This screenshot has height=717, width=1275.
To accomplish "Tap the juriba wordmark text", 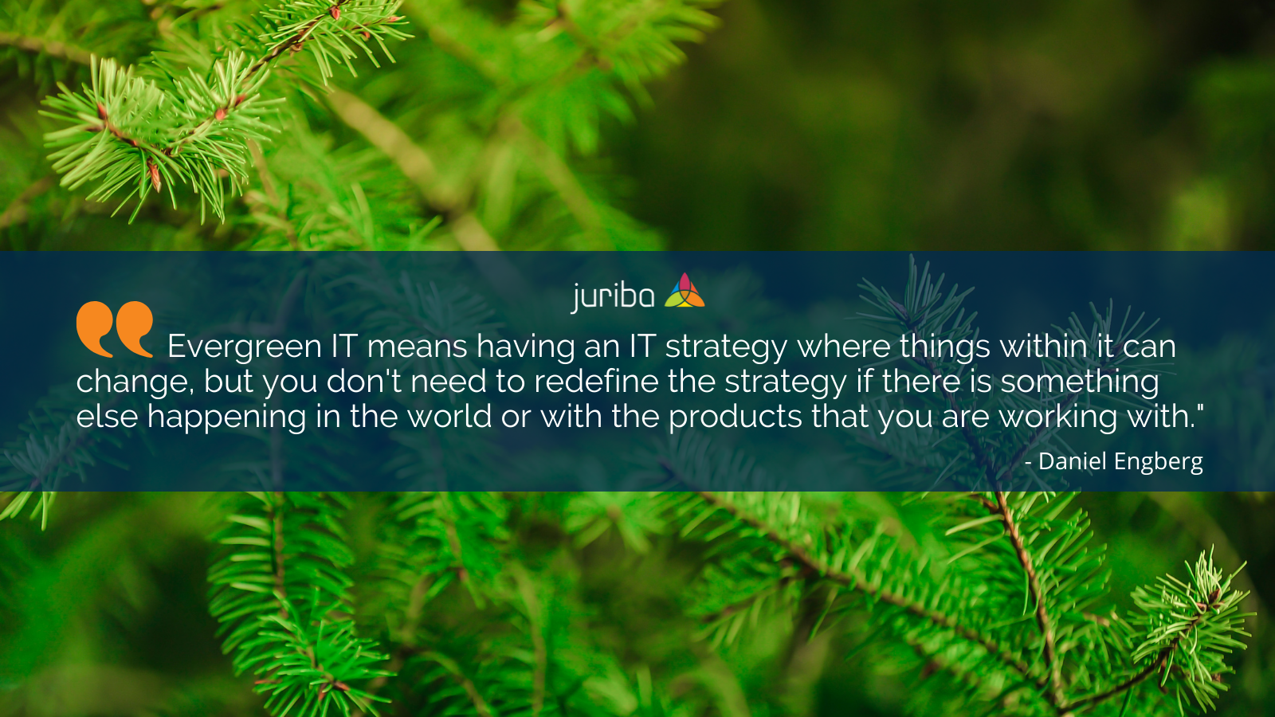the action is [613, 296].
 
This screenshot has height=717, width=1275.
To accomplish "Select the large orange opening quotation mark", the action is [115, 329].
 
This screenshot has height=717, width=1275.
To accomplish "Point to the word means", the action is [418, 347].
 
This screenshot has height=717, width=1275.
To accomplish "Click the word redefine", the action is [596, 381].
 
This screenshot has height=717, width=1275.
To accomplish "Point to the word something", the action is [1080, 382].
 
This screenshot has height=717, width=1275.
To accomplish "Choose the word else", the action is [107, 417].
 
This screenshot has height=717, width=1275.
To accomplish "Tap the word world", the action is [449, 417].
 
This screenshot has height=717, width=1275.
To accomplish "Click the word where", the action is [844, 346].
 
